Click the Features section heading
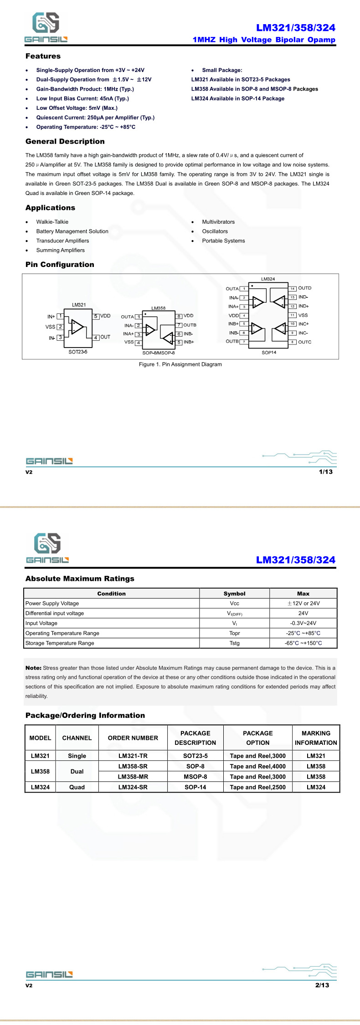43,56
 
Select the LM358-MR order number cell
133,777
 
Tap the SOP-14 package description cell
195,787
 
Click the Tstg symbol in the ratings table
234,643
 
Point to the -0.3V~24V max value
303,623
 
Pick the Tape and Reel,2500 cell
257,787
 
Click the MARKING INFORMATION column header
316,738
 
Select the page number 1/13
325,472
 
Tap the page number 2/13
322,985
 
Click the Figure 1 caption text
180,364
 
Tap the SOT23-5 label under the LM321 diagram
78,352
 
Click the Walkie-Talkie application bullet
52,222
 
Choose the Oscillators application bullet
215,231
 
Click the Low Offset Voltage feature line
77,108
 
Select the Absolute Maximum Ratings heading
80,579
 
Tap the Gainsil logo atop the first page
46,28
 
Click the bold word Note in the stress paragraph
33,668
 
